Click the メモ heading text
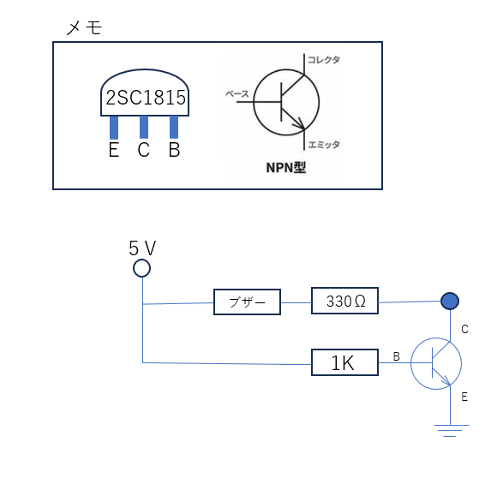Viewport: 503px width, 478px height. coord(84,27)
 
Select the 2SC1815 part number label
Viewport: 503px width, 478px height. coord(146,98)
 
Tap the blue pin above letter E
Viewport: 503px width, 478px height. coord(114,128)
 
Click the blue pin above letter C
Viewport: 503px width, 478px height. coord(144,128)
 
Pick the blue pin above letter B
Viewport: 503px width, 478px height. coord(174,128)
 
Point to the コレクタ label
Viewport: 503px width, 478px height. coord(324,60)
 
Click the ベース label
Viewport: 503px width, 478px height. coord(237,94)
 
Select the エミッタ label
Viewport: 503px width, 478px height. coord(324,145)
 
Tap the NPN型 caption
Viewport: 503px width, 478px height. coord(286,167)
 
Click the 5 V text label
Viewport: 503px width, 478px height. coord(142,248)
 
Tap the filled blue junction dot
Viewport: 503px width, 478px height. coord(450,301)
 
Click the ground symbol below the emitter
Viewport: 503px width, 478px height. coord(451,431)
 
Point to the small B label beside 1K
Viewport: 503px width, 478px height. coord(397,356)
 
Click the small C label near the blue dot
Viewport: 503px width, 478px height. coord(464,329)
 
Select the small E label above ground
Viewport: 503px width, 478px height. coord(464,397)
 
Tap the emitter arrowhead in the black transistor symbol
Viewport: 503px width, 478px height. coord(301,125)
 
